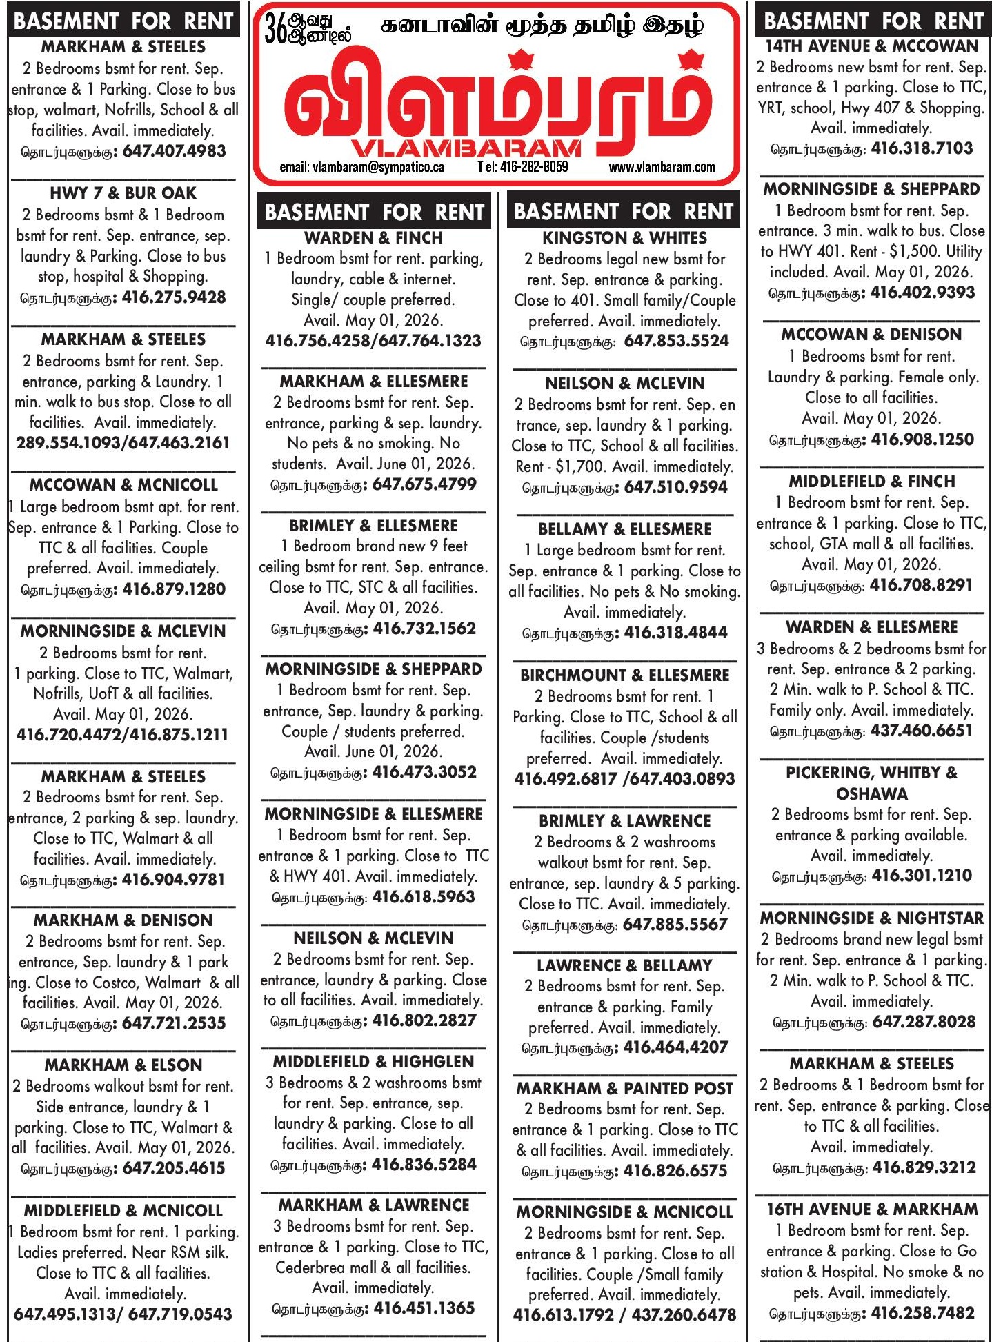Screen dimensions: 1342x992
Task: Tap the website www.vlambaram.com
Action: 662,167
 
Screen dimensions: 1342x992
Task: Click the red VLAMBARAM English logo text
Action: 466,148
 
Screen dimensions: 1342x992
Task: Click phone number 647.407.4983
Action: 174,151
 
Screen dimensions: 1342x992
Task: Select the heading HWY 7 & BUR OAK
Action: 123,193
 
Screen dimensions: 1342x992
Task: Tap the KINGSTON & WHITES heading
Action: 624,238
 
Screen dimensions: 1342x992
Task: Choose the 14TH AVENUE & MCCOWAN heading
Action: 872,46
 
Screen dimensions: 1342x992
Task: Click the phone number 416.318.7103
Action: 922,148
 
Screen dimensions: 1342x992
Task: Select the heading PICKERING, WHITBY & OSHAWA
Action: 871,783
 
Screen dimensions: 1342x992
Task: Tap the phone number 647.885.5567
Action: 675,925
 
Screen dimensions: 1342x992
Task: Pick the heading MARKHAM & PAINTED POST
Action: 624,1089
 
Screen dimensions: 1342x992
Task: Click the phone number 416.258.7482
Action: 923,1313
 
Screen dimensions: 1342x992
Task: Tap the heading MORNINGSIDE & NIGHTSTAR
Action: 871,918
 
